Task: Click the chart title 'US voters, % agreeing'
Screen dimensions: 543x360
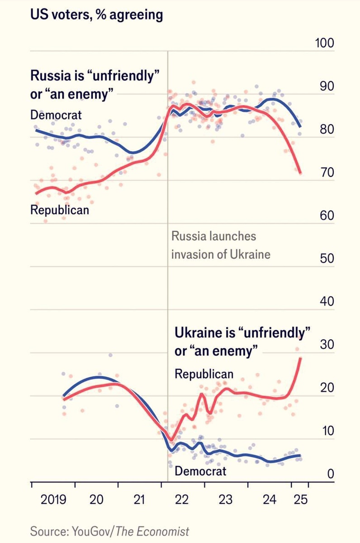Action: [96, 15]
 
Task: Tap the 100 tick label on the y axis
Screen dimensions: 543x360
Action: [323, 44]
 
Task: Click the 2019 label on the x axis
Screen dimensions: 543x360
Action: [53, 500]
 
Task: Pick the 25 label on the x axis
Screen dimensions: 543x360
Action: [300, 500]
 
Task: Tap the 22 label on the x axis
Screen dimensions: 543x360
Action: [182, 500]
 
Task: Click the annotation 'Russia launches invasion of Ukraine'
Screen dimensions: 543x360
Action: [221, 245]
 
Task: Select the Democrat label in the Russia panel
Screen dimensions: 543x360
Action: [56, 114]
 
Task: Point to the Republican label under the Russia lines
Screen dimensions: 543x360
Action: [59, 210]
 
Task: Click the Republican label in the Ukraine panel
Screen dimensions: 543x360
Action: [204, 374]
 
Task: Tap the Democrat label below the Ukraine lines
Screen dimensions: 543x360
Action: [200, 471]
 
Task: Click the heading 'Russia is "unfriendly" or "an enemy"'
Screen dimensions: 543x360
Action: [95, 83]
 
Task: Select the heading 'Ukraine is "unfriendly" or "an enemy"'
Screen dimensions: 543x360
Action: [242, 342]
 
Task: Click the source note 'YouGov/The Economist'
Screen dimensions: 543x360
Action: [109, 531]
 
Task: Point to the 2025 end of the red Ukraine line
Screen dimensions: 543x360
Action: [300, 358]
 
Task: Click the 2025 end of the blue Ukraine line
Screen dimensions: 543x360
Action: [300, 456]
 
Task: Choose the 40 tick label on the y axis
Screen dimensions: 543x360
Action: [325, 302]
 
